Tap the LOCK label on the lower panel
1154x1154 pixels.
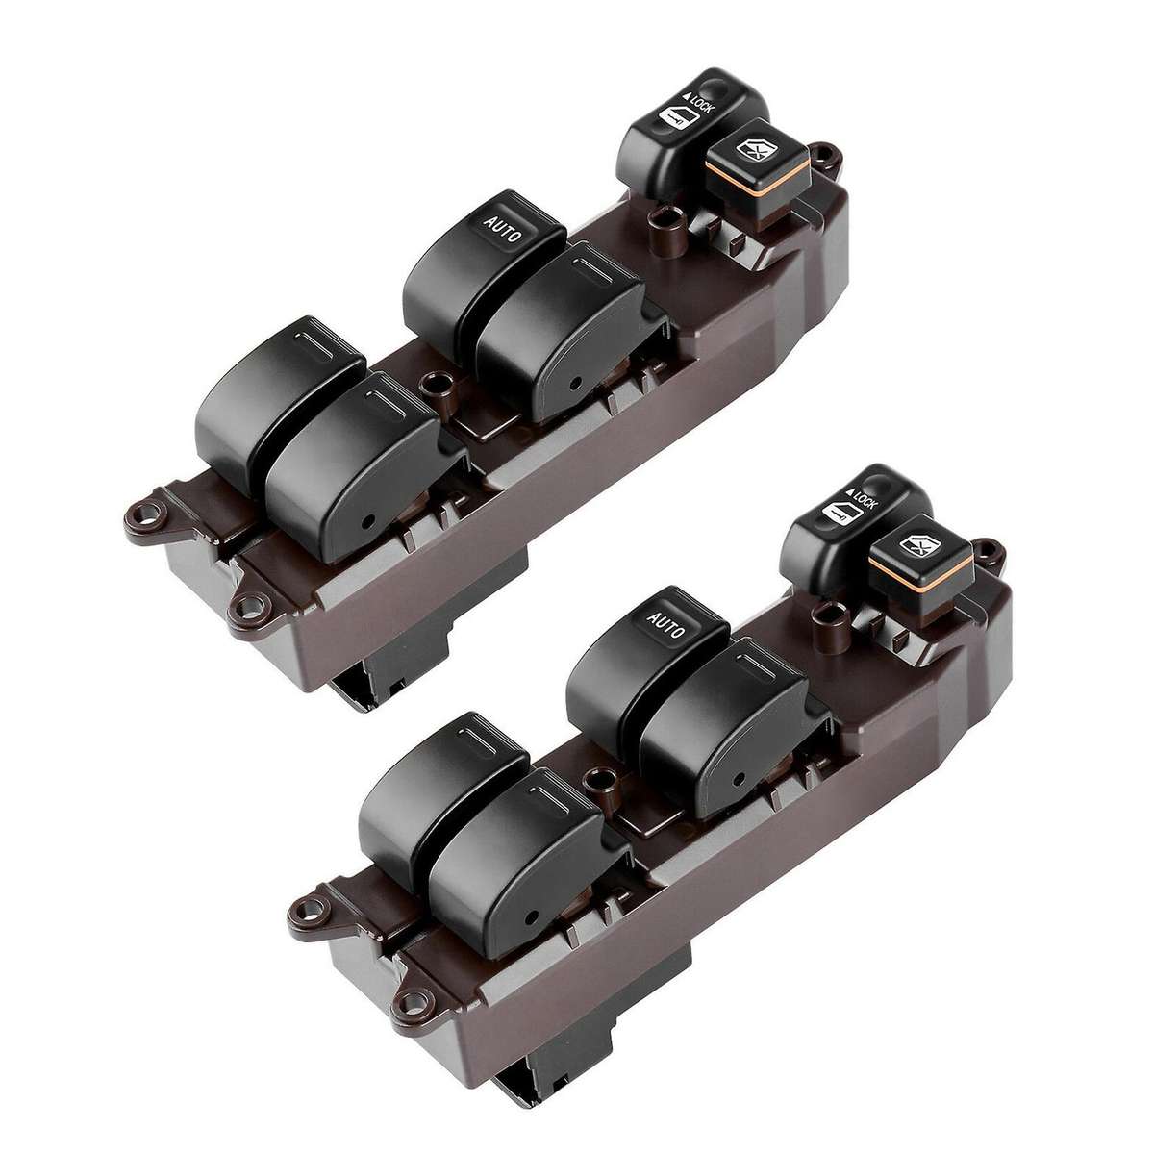864,503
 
